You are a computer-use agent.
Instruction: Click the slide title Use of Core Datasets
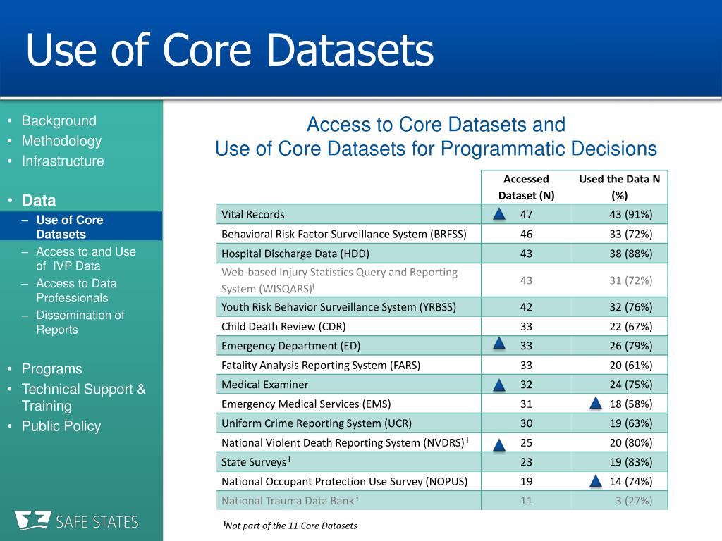coord(230,51)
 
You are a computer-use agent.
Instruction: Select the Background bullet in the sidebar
coord(59,120)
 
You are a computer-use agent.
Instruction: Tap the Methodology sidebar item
coord(61,141)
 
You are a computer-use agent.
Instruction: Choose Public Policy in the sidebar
coord(61,426)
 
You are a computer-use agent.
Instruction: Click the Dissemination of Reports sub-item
coord(80,323)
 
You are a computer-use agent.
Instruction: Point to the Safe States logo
coord(78,521)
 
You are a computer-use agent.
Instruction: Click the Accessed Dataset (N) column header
coord(526,187)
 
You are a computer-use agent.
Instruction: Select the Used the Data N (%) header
coord(619,187)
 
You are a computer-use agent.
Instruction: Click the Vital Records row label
coord(253,214)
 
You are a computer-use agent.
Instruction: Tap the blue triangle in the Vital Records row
coord(498,214)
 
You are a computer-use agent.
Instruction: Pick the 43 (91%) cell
coord(631,214)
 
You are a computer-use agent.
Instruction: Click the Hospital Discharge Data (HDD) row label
coord(295,254)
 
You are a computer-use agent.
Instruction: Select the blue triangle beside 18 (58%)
coord(595,404)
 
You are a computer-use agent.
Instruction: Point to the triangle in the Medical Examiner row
coord(498,385)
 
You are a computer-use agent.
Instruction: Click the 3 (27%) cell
coord(635,501)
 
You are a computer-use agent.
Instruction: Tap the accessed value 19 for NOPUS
coord(526,482)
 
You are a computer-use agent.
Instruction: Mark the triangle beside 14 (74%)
coord(595,482)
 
